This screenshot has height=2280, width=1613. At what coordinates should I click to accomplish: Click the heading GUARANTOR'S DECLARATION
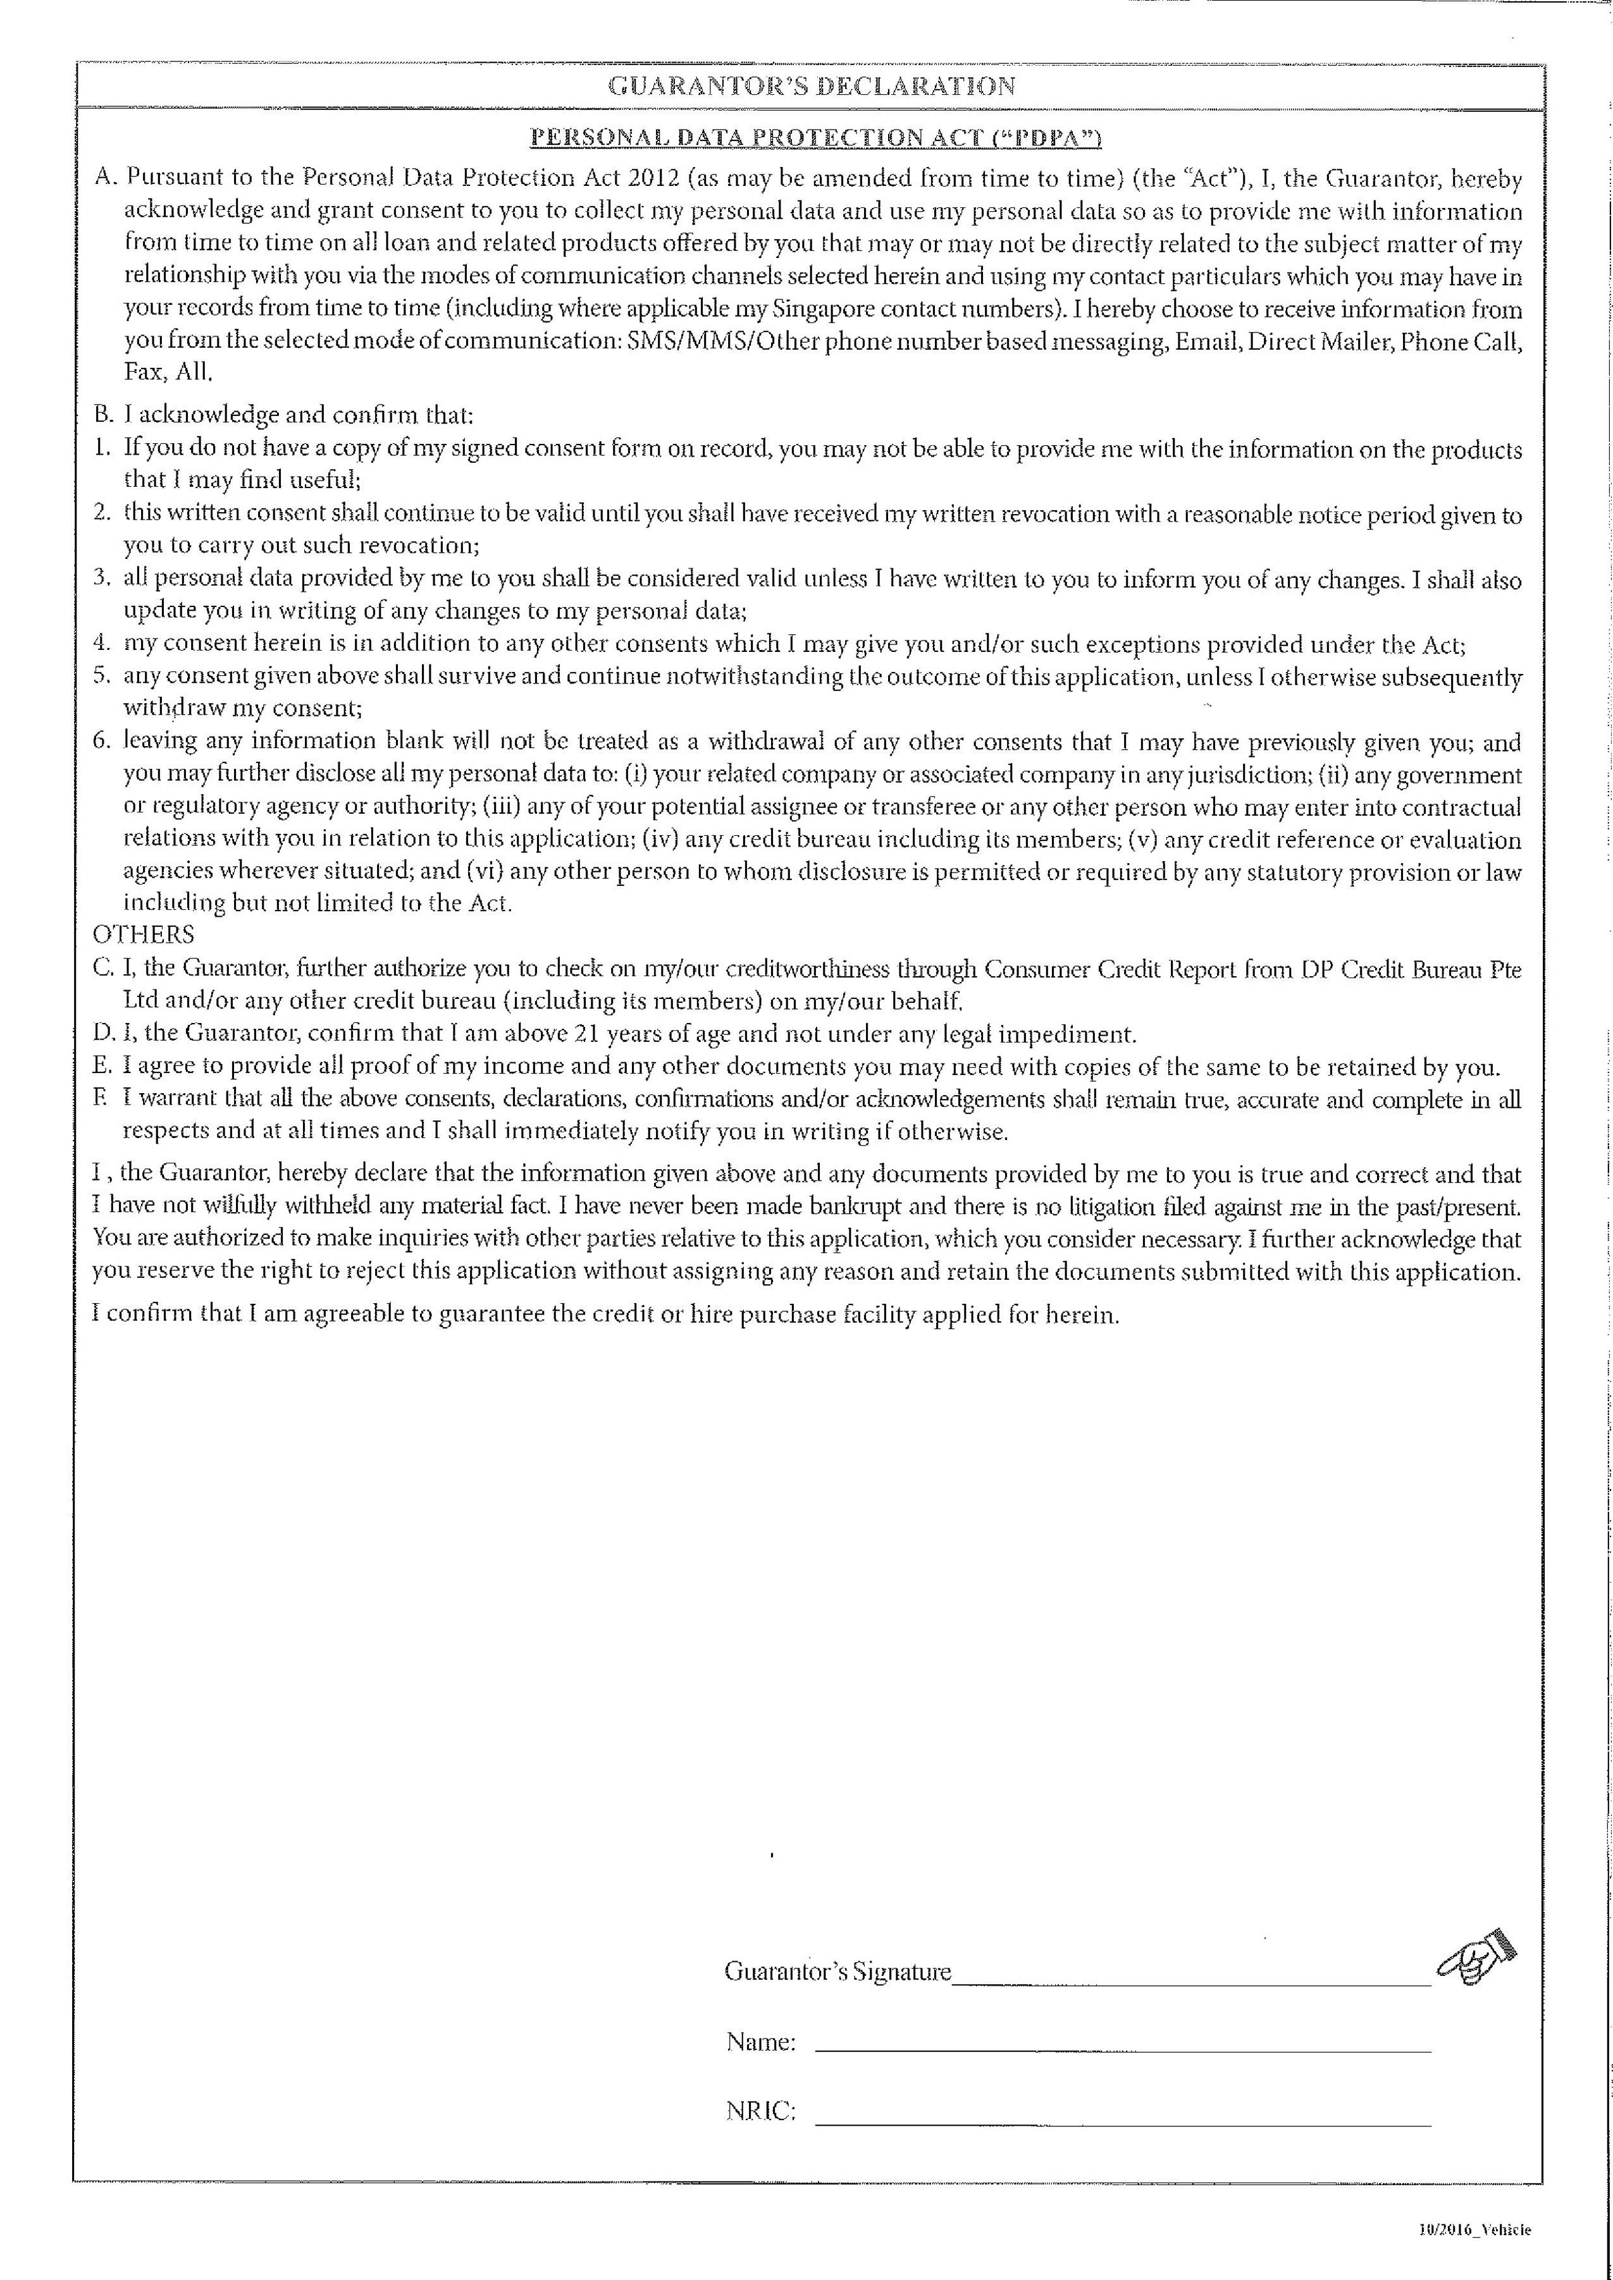(x=810, y=87)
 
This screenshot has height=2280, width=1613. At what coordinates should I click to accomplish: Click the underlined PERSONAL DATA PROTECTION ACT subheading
(x=815, y=137)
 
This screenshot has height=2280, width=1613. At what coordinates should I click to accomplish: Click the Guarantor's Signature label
(x=837, y=1971)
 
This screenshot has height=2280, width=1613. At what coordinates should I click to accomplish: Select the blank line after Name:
(x=1122, y=2050)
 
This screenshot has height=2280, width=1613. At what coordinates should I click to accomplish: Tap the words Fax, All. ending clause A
(x=168, y=372)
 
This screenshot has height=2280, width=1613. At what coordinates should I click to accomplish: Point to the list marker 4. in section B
(x=101, y=644)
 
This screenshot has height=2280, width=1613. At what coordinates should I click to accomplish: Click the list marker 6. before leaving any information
(x=101, y=741)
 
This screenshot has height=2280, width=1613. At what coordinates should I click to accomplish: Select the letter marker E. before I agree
(x=103, y=1067)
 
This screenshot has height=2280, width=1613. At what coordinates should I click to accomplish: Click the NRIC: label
(x=761, y=2112)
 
